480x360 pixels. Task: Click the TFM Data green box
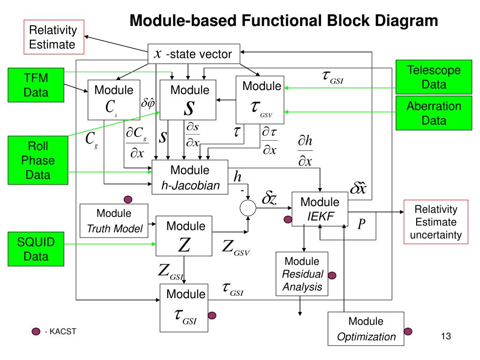coord(36,85)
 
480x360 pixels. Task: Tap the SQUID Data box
coord(36,249)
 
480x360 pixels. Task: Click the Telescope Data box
coord(427,77)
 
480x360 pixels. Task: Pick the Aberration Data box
coord(427,113)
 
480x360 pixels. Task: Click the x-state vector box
coord(194,54)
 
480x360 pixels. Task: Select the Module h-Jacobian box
coord(190,178)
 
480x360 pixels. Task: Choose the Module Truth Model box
coord(114,221)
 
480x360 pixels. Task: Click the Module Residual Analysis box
coord(302,274)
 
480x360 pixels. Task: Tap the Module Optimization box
coord(366,329)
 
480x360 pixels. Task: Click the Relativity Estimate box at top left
coord(54,37)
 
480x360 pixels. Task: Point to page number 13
coord(445,336)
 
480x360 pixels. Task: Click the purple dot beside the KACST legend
coord(36,332)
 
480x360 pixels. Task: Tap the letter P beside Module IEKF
coord(361,225)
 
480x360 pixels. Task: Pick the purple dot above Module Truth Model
coord(127,199)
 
